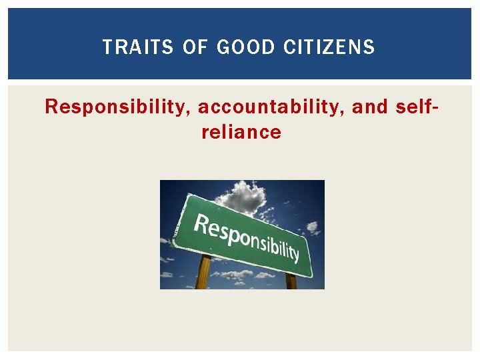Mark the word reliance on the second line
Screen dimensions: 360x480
[x=241, y=132]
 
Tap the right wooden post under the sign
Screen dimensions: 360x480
[x=291, y=281]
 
